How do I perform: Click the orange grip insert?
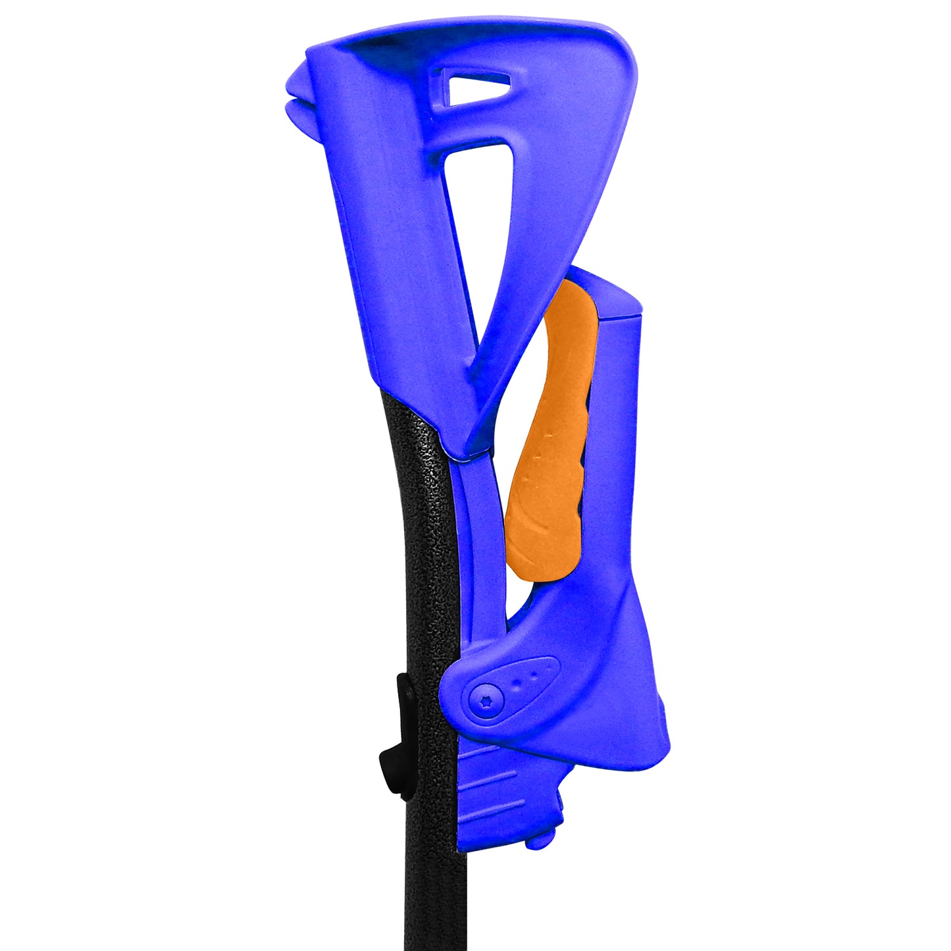pyautogui.click(x=550, y=448)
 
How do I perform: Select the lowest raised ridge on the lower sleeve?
pyautogui.click(x=490, y=804)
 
